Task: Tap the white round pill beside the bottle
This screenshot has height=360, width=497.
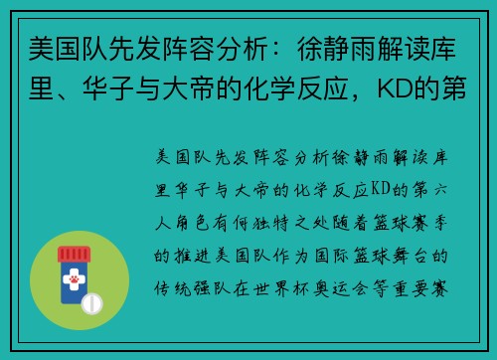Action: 95,301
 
